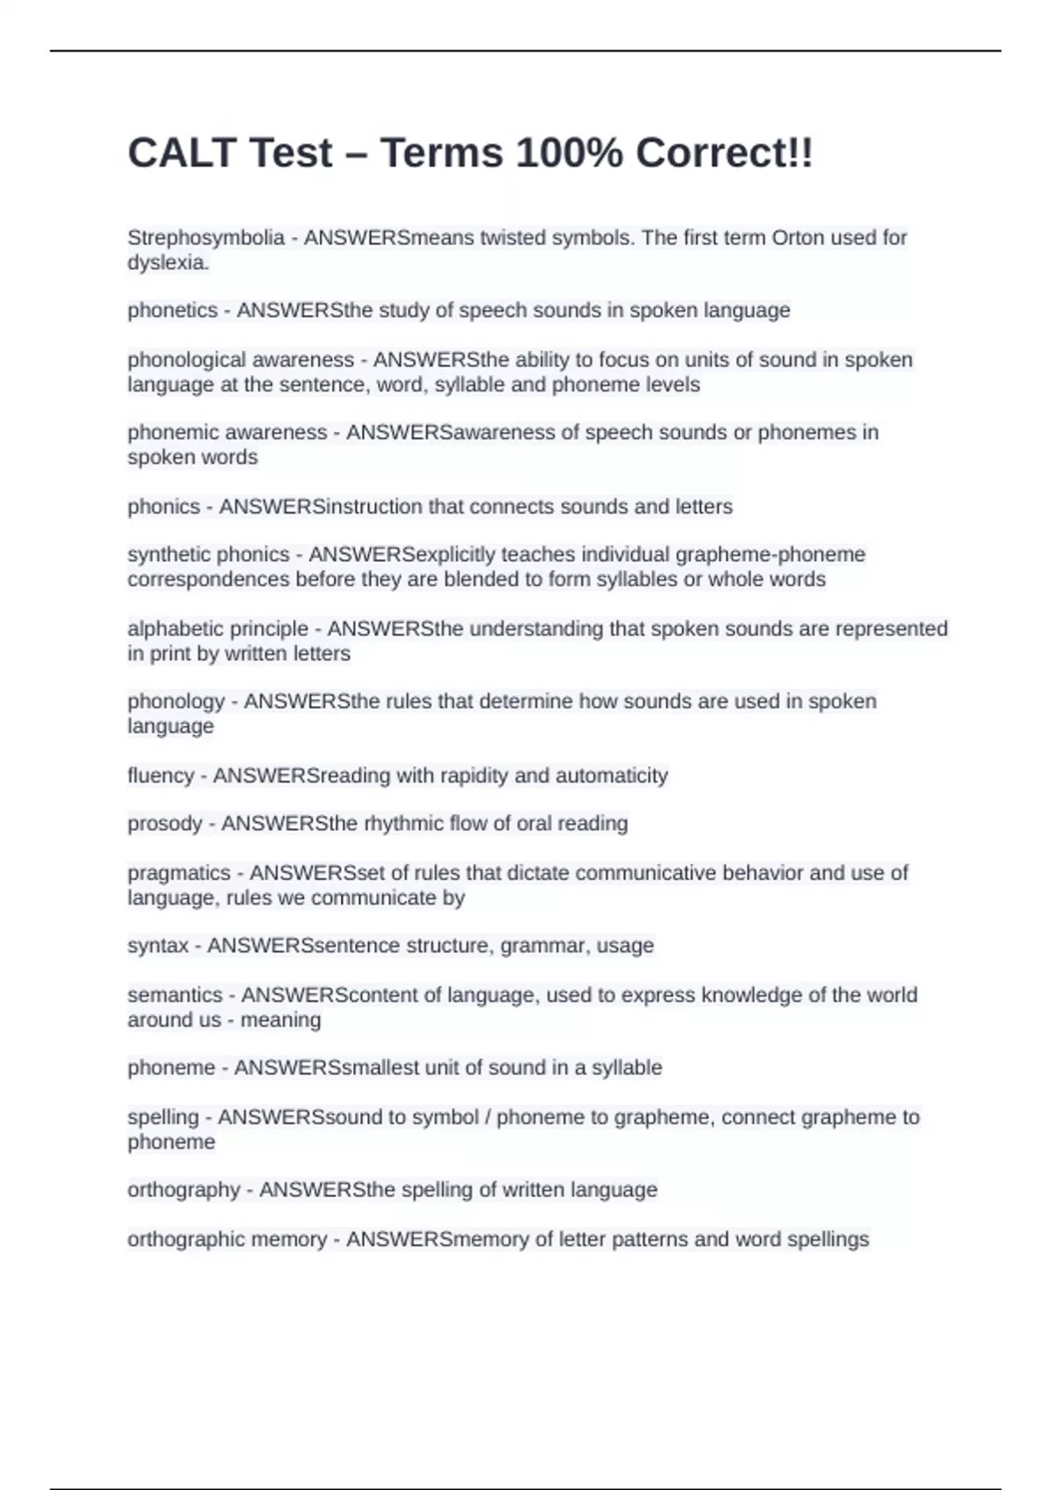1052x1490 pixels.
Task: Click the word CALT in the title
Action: pyautogui.click(x=181, y=153)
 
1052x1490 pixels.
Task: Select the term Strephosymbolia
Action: pyautogui.click(x=206, y=238)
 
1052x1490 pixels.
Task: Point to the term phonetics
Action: pyautogui.click(x=172, y=310)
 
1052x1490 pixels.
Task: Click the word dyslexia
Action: pyautogui.click(x=167, y=262)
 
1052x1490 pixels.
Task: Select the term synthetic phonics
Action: pyautogui.click(x=208, y=555)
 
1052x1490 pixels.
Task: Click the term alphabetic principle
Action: pyautogui.click(x=217, y=629)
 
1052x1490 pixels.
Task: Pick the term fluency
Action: pyautogui.click(x=160, y=776)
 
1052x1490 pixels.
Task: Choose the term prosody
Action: pyautogui.click(x=165, y=824)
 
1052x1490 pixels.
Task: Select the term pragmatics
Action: pyautogui.click(x=179, y=873)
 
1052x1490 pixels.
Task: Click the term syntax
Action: pyautogui.click(x=158, y=946)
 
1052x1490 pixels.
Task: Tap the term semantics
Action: pyautogui.click(x=174, y=996)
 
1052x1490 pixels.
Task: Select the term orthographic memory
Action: pyautogui.click(x=227, y=1239)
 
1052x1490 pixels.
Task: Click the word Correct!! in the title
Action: pyautogui.click(x=724, y=153)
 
